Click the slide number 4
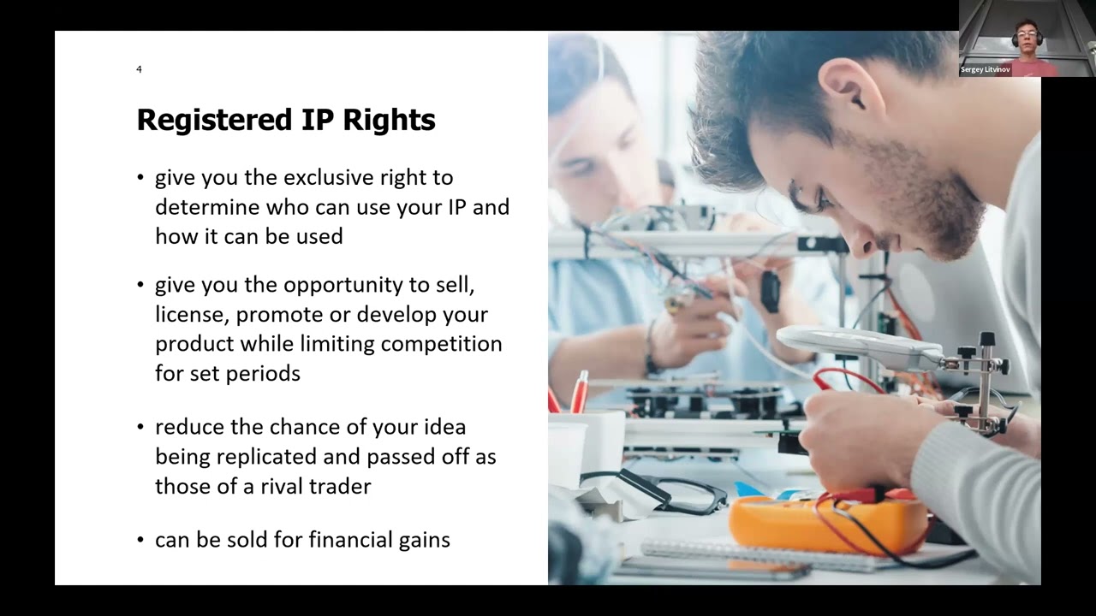coord(139,69)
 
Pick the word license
coord(189,315)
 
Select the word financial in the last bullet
coord(350,540)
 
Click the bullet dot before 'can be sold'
coord(140,540)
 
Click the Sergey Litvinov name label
coord(985,69)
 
